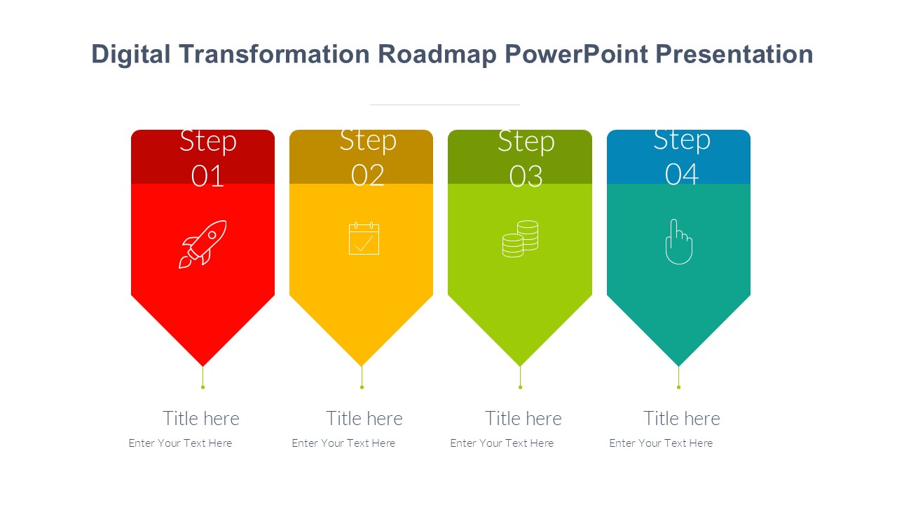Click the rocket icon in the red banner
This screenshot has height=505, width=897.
tap(203, 244)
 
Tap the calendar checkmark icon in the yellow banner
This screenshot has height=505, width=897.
tap(364, 238)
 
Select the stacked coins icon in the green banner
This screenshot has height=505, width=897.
tap(520, 239)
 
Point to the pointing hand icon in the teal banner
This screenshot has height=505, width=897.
tap(679, 242)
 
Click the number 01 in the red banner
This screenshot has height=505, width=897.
tap(207, 176)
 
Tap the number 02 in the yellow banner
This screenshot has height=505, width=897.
tap(368, 175)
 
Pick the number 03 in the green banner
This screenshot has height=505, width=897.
tap(526, 176)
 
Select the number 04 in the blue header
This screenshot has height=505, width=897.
tap(682, 175)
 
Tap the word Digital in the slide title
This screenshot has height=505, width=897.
tap(131, 55)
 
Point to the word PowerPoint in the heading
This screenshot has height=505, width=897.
tap(576, 54)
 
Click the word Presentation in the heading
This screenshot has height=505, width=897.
tap(734, 54)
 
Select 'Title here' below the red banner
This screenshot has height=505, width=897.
tap(201, 419)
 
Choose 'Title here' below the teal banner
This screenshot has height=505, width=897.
tap(682, 419)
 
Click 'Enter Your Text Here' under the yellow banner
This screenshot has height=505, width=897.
tap(343, 443)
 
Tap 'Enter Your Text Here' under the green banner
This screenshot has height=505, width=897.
tap(502, 443)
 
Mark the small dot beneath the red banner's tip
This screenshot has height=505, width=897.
tap(203, 387)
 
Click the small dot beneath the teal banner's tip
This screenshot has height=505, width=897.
tap(679, 387)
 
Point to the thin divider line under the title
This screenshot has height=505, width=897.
tap(444, 105)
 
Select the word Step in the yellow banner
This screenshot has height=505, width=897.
tap(368, 141)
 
